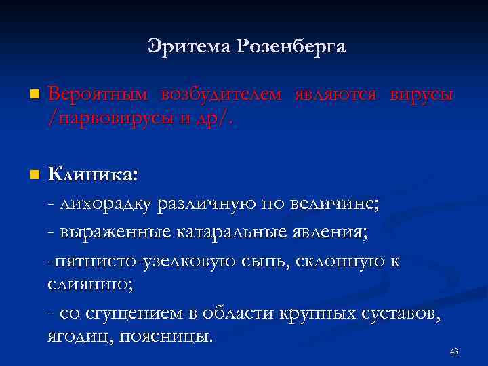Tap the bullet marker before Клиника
point(35,175)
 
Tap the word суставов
point(404,313)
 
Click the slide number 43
point(454,351)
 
